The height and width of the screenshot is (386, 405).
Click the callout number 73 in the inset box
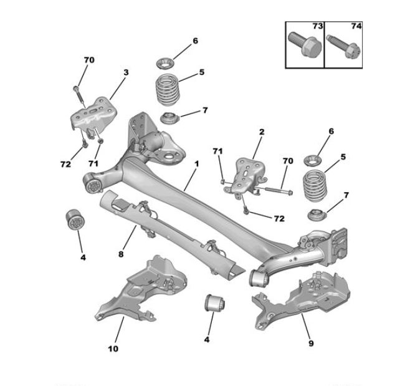click(317, 26)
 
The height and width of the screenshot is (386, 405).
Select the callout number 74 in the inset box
click(356, 26)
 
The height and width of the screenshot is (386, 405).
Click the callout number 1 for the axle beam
click(197, 164)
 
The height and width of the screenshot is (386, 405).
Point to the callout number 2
click(262, 132)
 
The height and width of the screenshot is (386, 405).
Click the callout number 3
click(126, 72)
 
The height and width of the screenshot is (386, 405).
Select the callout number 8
click(121, 254)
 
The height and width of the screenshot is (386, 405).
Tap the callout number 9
click(311, 344)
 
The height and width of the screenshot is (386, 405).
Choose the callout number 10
click(113, 349)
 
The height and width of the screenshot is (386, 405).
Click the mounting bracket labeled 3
click(93, 115)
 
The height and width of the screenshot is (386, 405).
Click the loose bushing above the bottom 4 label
click(215, 302)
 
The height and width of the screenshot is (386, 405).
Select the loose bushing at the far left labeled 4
click(75, 220)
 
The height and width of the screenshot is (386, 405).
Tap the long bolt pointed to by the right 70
click(279, 191)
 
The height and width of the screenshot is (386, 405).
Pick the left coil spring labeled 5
click(168, 90)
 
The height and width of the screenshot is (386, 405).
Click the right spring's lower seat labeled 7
click(317, 215)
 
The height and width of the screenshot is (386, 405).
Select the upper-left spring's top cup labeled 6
click(165, 64)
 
